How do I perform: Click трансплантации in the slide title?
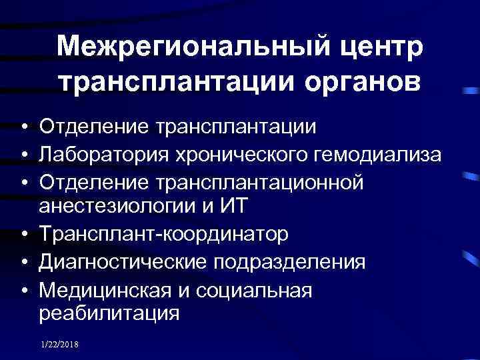tap(172, 81)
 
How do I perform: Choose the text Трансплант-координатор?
tap(164, 235)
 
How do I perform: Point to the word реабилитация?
tap(110, 313)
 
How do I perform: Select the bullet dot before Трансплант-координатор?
tap(24, 235)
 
